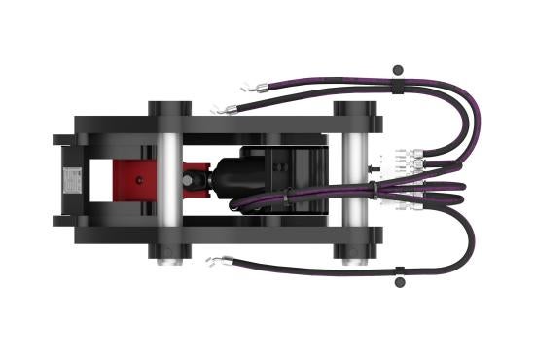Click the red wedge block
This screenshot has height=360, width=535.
(134, 180)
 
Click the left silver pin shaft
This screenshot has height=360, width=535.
(168, 180)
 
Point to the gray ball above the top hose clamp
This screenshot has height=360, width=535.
(397, 69)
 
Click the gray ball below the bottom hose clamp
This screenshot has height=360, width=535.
(398, 283)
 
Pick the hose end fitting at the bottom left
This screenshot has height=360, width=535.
(220, 260)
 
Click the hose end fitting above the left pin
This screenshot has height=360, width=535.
(226, 109)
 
